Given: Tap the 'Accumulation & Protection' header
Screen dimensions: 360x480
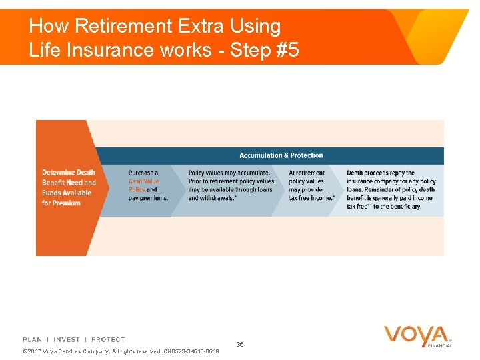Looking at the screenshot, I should pyautogui.click(x=281, y=155).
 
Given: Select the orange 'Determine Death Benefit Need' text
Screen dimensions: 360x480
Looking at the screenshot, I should pyautogui.click(x=69, y=177).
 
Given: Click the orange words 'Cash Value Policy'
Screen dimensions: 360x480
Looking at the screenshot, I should pyautogui.click(x=143, y=185).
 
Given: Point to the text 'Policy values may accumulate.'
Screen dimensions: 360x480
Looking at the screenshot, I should pyautogui.click(x=229, y=173).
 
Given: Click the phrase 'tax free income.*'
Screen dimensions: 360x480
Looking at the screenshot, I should pyautogui.click(x=311, y=198).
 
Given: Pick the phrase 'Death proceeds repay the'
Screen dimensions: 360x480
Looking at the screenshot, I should pyautogui.click(x=380, y=173).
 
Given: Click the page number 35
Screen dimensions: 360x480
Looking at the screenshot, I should pyautogui.click(x=240, y=344).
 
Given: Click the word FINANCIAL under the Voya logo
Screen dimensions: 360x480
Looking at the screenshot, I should pyautogui.click(x=440, y=346).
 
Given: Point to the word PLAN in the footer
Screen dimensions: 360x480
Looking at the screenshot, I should pyautogui.click(x=32, y=340).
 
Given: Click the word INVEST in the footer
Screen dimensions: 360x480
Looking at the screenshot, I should pyautogui.click(x=67, y=340).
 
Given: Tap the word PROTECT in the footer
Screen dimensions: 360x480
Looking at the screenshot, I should pyautogui.click(x=108, y=340).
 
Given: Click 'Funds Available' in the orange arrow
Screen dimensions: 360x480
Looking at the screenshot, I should pyautogui.click(x=67, y=193).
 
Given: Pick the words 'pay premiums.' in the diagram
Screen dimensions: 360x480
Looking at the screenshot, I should pyautogui.click(x=148, y=198).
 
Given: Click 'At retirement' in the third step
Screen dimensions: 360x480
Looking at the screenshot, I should pyautogui.click(x=307, y=173).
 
